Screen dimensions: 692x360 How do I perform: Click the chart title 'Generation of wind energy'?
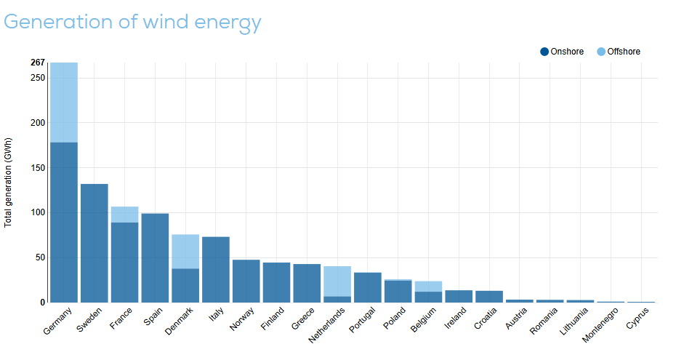(132, 22)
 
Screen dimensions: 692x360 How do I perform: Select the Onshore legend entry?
(562, 52)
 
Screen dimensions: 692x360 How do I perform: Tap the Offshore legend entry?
(619, 52)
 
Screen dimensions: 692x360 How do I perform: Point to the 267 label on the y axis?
(38, 63)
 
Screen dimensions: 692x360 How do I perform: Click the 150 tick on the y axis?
(38, 168)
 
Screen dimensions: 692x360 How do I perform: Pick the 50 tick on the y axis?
(40, 257)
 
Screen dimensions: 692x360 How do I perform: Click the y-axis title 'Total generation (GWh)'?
(8, 183)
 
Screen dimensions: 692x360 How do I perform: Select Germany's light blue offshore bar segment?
(64, 103)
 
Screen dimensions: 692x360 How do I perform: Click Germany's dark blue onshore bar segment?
(64, 223)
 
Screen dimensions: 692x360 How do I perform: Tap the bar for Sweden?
(94, 244)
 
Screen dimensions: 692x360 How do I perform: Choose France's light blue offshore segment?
(124, 215)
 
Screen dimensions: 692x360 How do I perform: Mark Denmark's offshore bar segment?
(185, 252)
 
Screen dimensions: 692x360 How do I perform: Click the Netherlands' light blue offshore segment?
(337, 281)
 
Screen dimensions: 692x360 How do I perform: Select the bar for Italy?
(216, 270)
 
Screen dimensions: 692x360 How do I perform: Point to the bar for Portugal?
(368, 287)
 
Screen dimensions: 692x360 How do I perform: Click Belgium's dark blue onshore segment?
(429, 297)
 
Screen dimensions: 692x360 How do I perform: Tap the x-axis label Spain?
(153, 316)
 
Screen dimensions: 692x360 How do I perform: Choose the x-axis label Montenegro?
(600, 324)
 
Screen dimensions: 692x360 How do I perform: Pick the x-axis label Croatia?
(485, 318)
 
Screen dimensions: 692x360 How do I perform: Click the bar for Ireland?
(459, 297)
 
